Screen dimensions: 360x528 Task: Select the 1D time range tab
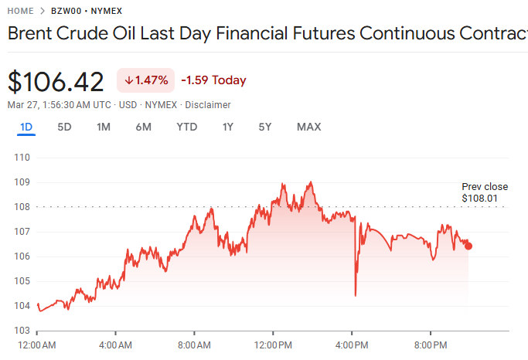26,127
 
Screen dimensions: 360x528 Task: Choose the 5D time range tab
65,127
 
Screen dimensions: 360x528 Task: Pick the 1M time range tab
104,127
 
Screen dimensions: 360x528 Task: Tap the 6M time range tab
143,127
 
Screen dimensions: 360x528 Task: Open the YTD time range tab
186,127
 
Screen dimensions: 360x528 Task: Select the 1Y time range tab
227,127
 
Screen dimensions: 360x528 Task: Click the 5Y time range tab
265,127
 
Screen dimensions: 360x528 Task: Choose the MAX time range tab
308,127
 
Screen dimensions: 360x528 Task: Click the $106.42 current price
56,81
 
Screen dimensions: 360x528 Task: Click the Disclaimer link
207,104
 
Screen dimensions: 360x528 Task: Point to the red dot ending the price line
468,246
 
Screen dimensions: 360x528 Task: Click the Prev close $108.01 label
484,192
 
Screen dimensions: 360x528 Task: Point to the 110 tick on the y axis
22,158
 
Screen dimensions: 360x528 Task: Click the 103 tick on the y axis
22,331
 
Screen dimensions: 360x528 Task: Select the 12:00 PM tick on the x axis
274,344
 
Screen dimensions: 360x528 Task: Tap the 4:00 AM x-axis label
116,344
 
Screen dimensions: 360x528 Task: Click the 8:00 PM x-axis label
431,344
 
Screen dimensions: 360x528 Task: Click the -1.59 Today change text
213,80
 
